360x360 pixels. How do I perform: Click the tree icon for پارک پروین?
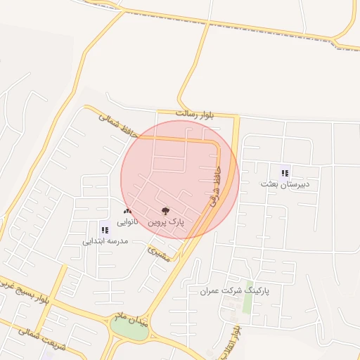165,210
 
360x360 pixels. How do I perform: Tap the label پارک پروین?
165,221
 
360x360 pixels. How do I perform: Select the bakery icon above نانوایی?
127,211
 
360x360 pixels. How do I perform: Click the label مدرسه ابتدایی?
105,240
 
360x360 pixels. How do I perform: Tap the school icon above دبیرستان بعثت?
285,172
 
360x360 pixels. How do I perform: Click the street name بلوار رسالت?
194,113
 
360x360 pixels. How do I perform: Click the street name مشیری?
160,254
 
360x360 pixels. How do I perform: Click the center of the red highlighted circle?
180,179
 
